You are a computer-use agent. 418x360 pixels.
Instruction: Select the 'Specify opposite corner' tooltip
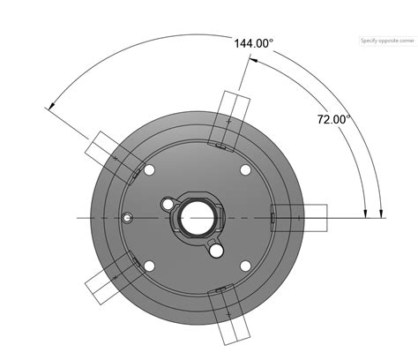[x=385, y=41]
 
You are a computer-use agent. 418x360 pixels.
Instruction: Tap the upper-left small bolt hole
[x=149, y=169]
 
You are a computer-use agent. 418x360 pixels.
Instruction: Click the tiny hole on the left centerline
[x=129, y=216]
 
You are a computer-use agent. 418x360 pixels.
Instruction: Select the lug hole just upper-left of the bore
[x=168, y=205]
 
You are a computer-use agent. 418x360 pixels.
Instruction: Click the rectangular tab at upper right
[x=231, y=116]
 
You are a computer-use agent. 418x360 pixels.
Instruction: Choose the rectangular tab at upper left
[x=114, y=153]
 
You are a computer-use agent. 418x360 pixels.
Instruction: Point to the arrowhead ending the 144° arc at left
[x=49, y=108]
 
